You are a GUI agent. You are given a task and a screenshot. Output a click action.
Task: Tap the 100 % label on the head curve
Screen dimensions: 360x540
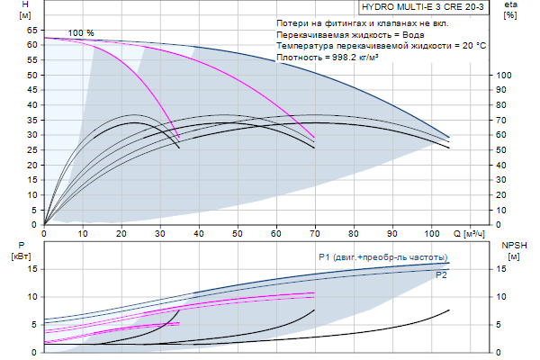click(81, 33)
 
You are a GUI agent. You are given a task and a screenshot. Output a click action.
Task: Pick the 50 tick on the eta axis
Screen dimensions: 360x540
click(506, 149)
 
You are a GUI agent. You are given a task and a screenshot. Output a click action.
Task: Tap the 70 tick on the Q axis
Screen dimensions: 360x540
click(315, 233)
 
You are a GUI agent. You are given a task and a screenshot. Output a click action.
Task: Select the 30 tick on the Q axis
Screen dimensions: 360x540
click(160, 233)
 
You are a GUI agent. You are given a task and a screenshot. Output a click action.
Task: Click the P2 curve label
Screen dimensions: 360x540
click(441, 274)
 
